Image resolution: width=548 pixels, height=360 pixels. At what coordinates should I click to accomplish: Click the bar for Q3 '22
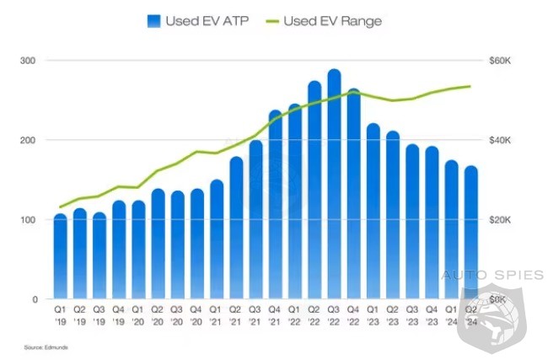(x=334, y=185)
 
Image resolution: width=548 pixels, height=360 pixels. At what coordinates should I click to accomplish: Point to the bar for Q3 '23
(x=412, y=223)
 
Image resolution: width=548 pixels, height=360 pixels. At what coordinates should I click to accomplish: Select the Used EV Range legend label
(x=332, y=20)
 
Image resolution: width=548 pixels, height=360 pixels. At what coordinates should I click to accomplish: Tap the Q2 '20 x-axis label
(x=158, y=316)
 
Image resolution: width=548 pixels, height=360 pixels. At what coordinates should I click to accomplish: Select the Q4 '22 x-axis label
(x=354, y=316)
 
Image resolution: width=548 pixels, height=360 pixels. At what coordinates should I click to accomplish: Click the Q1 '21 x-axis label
(x=217, y=316)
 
